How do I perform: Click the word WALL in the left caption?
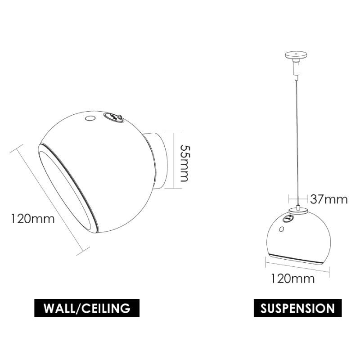click(58, 309)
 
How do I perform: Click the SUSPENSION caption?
click(297, 309)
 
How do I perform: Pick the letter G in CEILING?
click(126, 309)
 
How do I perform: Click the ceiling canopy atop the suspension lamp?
click(297, 56)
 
